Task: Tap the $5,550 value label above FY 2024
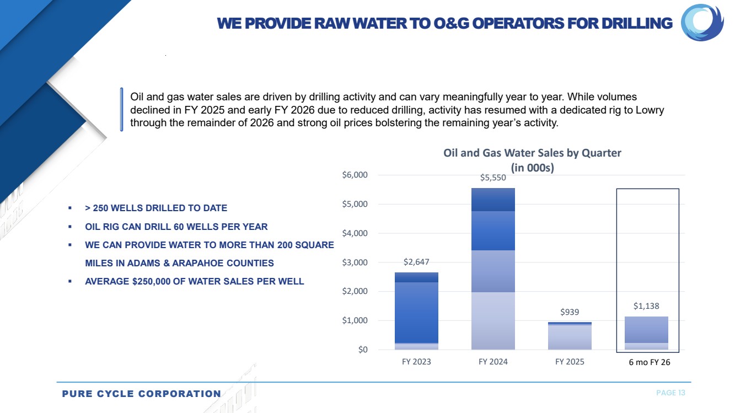493,178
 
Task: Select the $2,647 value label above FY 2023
417,261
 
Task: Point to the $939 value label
570,312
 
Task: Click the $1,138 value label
646,306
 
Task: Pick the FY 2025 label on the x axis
570,362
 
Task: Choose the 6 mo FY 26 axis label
647,362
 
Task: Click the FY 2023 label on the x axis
417,362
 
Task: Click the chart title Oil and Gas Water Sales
532,153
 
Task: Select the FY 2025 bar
570,336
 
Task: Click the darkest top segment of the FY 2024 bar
493,200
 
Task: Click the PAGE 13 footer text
670,393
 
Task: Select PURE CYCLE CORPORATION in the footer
141,394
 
